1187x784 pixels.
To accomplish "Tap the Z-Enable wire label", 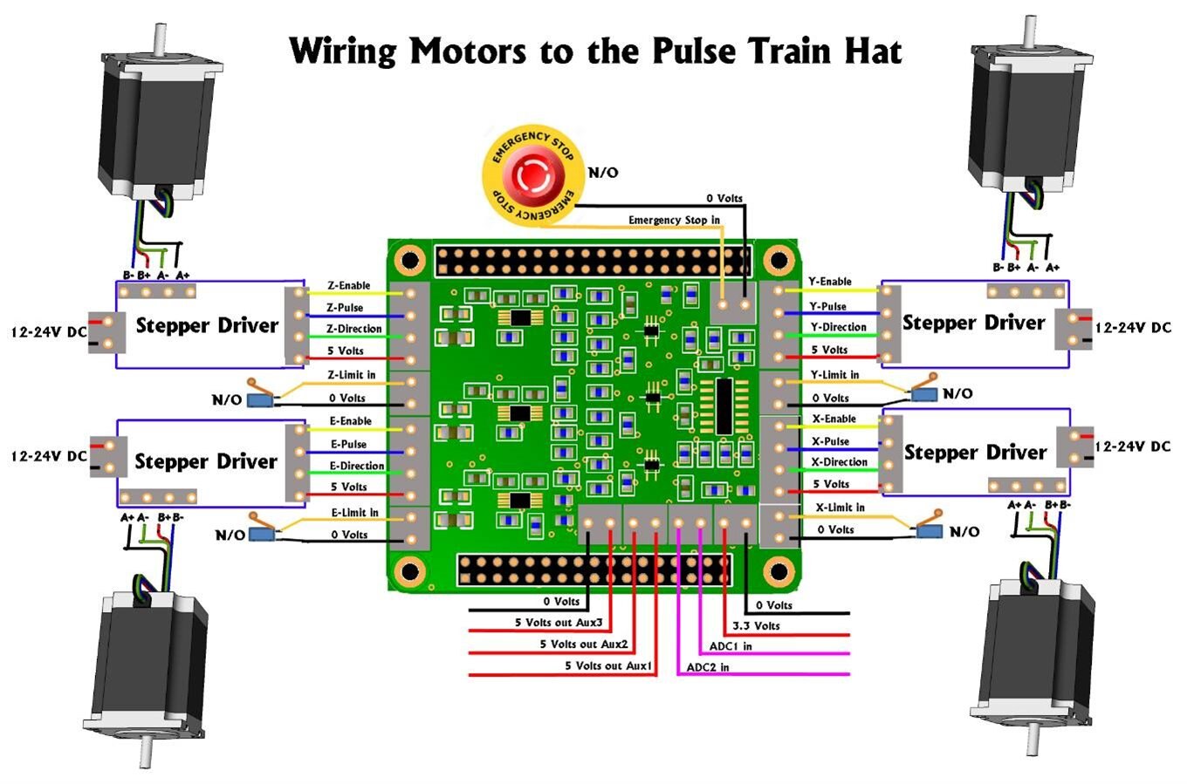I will point(349,285).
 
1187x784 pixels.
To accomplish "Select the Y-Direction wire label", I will point(839,327).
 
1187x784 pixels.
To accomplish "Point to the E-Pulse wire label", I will point(348,444).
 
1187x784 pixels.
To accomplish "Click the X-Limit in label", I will point(840,508).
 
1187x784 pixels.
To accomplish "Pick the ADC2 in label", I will point(708,667).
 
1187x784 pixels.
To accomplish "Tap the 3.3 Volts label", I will point(756,626).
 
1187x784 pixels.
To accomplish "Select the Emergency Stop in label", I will point(674,220).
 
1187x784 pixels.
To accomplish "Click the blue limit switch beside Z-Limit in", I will point(258,399).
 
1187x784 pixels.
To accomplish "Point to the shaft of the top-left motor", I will point(161,39).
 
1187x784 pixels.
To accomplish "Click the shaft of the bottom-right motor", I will point(1033,740).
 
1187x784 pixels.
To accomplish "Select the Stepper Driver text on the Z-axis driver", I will point(207,325).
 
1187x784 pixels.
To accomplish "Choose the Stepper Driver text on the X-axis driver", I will point(975,452).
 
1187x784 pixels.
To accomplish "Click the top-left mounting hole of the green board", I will point(408,259).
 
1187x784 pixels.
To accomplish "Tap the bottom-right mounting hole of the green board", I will point(777,571).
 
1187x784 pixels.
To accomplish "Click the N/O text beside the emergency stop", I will point(603,173).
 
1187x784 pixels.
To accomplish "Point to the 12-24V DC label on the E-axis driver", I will point(48,456).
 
